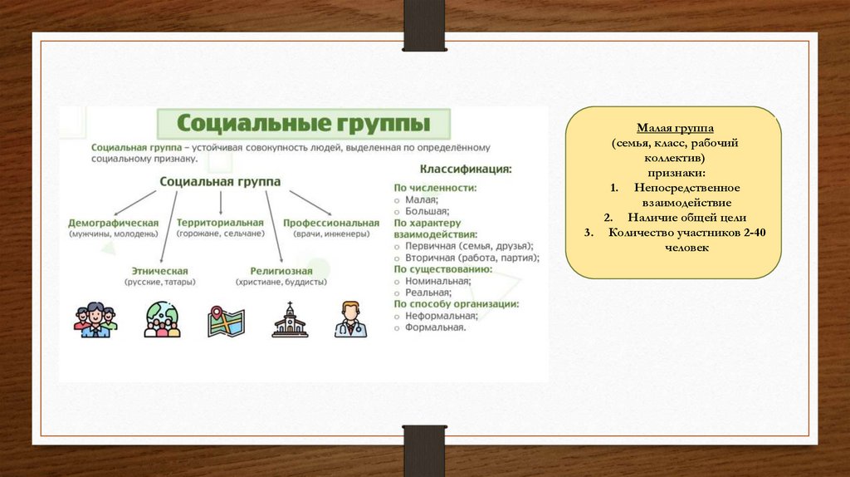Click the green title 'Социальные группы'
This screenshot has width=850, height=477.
pyautogui.click(x=304, y=124)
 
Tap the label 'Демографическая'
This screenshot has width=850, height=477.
pyautogui.click(x=114, y=223)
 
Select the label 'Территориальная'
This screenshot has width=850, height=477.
pyautogui.click(x=220, y=223)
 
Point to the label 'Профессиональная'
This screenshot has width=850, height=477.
pyautogui.click(x=331, y=223)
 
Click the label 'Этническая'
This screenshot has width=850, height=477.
pyautogui.click(x=160, y=271)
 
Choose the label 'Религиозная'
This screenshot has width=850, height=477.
pyautogui.click(x=281, y=271)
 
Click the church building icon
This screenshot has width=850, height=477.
pyautogui.click(x=290, y=320)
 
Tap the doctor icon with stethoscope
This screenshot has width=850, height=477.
pyautogui.click(x=349, y=319)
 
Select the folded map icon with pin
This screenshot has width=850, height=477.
pyautogui.click(x=225, y=321)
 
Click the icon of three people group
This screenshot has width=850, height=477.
pyautogui.click(x=95, y=320)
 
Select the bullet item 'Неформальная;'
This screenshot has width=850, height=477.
pyautogui.click(x=442, y=316)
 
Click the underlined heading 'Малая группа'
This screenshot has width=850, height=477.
pyautogui.click(x=672, y=129)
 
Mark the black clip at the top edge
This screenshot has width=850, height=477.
pyautogui.click(x=424, y=25)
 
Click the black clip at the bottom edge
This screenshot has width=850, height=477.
pyautogui.click(x=424, y=450)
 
